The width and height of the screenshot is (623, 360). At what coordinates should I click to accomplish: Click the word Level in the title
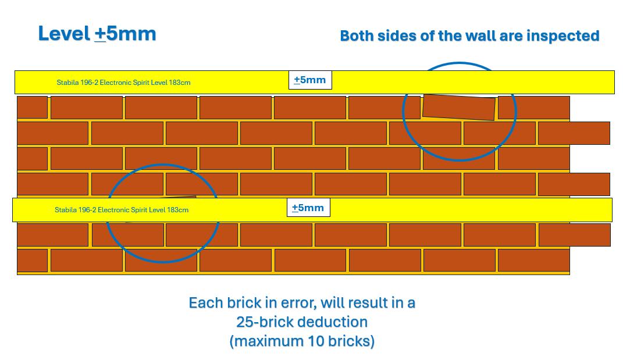[x=63, y=33]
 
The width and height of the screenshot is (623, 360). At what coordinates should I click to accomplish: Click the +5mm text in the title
[x=125, y=33]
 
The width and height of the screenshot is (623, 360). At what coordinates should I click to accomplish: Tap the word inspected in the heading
[x=563, y=35]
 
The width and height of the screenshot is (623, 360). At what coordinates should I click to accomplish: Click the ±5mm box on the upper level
[x=310, y=80]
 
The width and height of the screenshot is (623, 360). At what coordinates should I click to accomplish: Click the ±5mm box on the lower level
[x=308, y=208]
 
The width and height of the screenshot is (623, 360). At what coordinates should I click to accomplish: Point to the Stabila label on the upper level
[x=123, y=83]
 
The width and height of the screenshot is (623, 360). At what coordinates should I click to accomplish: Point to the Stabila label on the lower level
[x=122, y=210]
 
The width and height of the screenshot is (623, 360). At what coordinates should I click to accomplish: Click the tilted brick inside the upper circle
[x=458, y=107]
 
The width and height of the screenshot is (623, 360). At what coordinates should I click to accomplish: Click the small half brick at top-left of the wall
[x=32, y=108]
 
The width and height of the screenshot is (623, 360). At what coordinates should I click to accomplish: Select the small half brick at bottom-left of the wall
[x=32, y=260]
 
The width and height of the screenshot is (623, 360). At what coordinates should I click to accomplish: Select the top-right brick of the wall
[x=533, y=108]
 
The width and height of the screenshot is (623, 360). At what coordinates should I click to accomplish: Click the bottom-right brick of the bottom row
[x=533, y=260]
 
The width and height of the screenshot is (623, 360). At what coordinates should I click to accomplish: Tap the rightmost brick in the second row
[x=574, y=133]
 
